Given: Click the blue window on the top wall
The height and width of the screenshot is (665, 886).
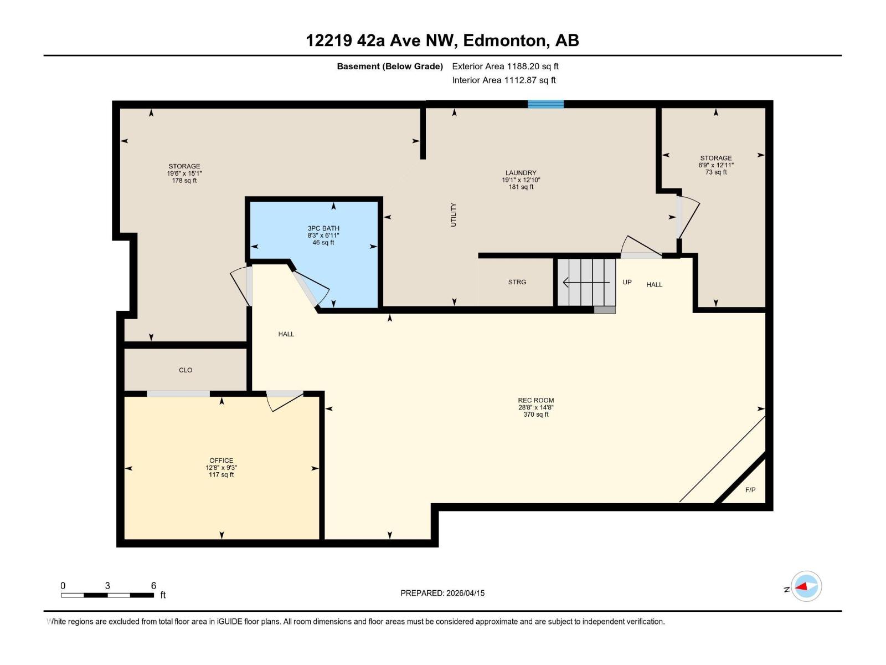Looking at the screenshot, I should (545, 104).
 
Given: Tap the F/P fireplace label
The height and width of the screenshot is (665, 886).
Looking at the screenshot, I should (750, 490).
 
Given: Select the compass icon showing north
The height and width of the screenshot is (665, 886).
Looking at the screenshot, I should (806, 586).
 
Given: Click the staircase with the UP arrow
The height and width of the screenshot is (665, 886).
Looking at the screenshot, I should (586, 282).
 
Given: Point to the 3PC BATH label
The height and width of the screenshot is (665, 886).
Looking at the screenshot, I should (323, 235).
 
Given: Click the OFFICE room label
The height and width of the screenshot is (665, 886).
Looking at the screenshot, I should (221, 467).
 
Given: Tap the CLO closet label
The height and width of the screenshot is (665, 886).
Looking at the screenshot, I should (186, 370).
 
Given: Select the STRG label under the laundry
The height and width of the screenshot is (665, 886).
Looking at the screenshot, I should (517, 282).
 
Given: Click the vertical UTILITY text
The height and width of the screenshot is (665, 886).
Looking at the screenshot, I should (454, 214).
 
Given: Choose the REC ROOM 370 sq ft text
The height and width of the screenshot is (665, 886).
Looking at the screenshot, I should (535, 407).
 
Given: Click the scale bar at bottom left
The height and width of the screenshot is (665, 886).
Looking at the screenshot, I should (107, 595).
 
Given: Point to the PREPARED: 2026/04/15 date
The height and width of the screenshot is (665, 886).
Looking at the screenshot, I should (442, 593).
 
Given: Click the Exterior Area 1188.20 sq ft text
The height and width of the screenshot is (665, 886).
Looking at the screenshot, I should (505, 66).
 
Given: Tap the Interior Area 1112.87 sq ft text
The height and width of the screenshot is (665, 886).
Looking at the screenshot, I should (503, 80).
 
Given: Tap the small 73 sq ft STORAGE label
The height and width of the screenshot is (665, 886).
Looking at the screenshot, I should (715, 165).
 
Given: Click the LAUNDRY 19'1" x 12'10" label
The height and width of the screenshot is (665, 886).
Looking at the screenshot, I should (521, 180).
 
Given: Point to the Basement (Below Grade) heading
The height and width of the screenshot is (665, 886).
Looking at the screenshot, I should (390, 66).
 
